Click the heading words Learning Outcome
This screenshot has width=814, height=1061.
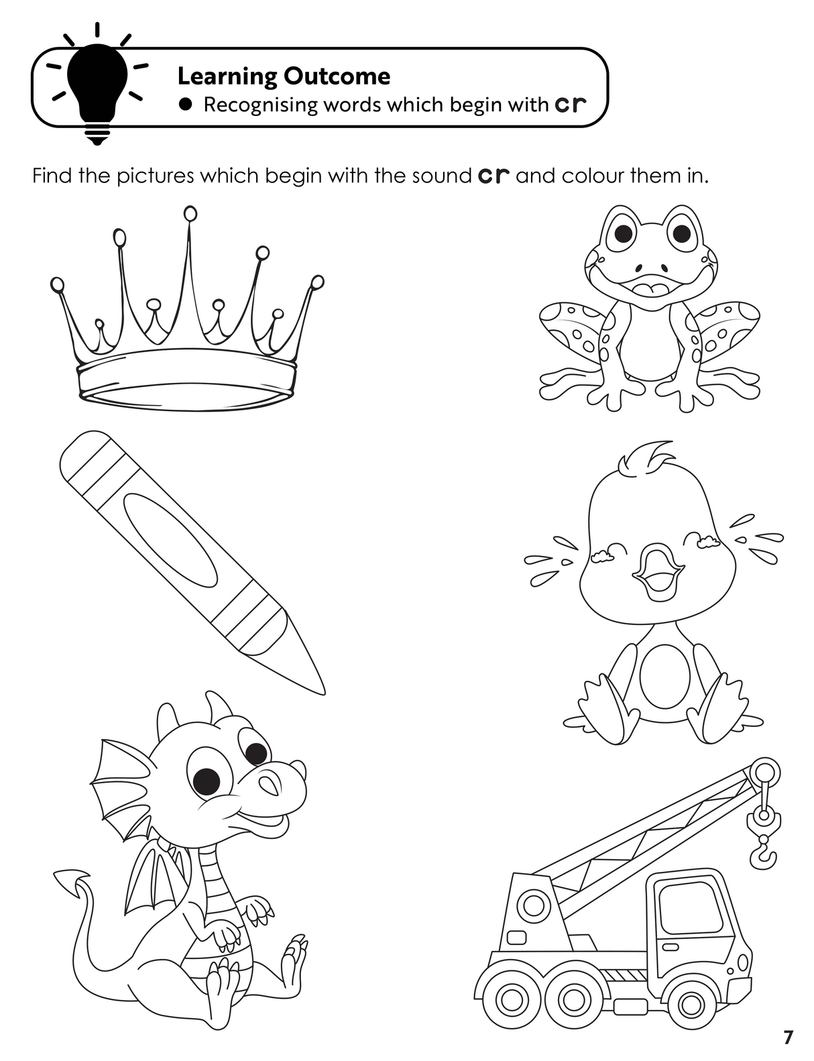[x=284, y=76]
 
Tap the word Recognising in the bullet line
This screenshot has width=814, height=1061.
[x=260, y=105]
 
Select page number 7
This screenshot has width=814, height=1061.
[x=789, y=1035]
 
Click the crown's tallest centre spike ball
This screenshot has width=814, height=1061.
[x=190, y=214]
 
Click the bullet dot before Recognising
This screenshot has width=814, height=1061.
[x=186, y=105]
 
